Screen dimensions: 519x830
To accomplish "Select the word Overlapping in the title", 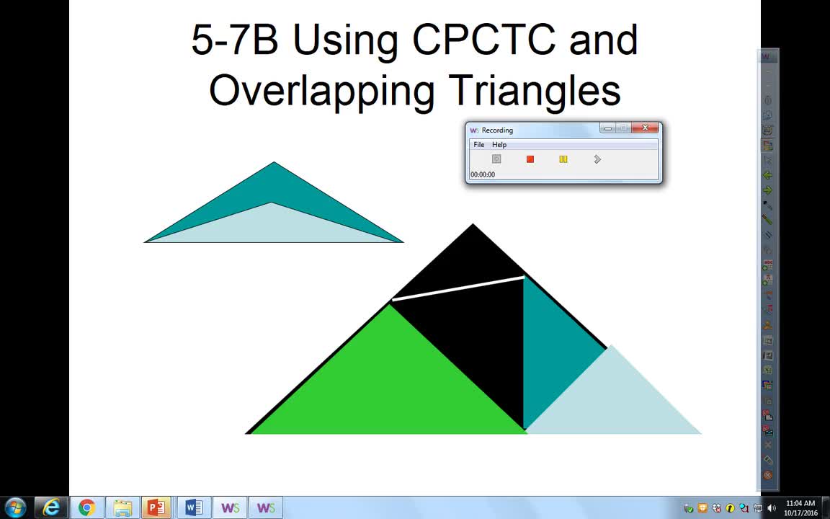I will point(321,92).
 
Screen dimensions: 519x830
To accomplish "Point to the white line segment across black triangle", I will point(458,288).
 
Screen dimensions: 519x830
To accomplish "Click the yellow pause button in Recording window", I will point(563,159).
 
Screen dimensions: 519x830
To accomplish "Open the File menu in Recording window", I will point(479,145).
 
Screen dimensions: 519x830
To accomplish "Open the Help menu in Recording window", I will point(499,145).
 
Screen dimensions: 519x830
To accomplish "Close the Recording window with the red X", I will point(646,128).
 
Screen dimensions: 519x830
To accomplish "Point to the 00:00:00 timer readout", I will point(483,174).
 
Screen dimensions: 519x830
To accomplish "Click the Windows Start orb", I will point(15,507).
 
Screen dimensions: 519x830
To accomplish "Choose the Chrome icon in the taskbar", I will point(86,507).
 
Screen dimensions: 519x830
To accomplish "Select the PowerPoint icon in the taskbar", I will point(156,507).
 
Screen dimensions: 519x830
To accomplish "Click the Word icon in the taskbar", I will point(193,507).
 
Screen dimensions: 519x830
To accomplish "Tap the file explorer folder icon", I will point(122,507).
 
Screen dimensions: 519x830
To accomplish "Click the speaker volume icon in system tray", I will point(772,508).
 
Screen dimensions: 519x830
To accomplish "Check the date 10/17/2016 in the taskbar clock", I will point(800,513).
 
